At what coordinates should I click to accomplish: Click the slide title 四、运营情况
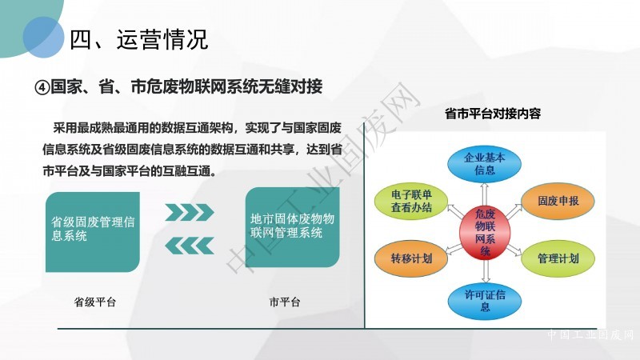pyautogui.click(x=139, y=39)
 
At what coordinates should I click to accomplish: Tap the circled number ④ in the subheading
pyautogui.click(x=42, y=87)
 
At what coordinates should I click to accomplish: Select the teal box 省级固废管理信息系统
pyautogui.click(x=93, y=232)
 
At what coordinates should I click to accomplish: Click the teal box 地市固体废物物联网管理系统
pyautogui.click(x=292, y=227)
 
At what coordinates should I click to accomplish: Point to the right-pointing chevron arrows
pyautogui.click(x=190, y=212)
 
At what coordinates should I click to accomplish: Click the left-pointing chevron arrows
pyautogui.click(x=190, y=246)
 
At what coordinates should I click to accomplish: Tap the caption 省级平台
pyautogui.click(x=94, y=302)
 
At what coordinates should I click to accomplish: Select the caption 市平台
pyautogui.click(x=285, y=302)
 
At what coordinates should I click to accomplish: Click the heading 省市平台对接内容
pyautogui.click(x=493, y=114)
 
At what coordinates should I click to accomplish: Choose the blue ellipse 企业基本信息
pyautogui.click(x=485, y=164)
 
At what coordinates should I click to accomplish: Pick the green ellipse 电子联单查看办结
pyautogui.click(x=411, y=201)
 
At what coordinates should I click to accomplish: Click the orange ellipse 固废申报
pyautogui.click(x=558, y=201)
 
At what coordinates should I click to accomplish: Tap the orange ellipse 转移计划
pyautogui.click(x=411, y=258)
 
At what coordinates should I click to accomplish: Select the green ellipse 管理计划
pyautogui.click(x=558, y=258)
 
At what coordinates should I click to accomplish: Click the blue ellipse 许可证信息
pyautogui.click(x=485, y=301)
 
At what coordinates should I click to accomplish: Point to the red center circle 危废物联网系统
pyautogui.click(x=485, y=232)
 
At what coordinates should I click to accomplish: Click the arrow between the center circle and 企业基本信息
pyautogui.click(x=485, y=194)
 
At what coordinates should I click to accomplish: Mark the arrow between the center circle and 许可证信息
pyautogui.click(x=486, y=270)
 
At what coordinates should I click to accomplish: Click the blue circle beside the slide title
pyautogui.click(x=44, y=37)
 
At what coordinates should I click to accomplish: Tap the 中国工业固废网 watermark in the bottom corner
pyautogui.click(x=590, y=334)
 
